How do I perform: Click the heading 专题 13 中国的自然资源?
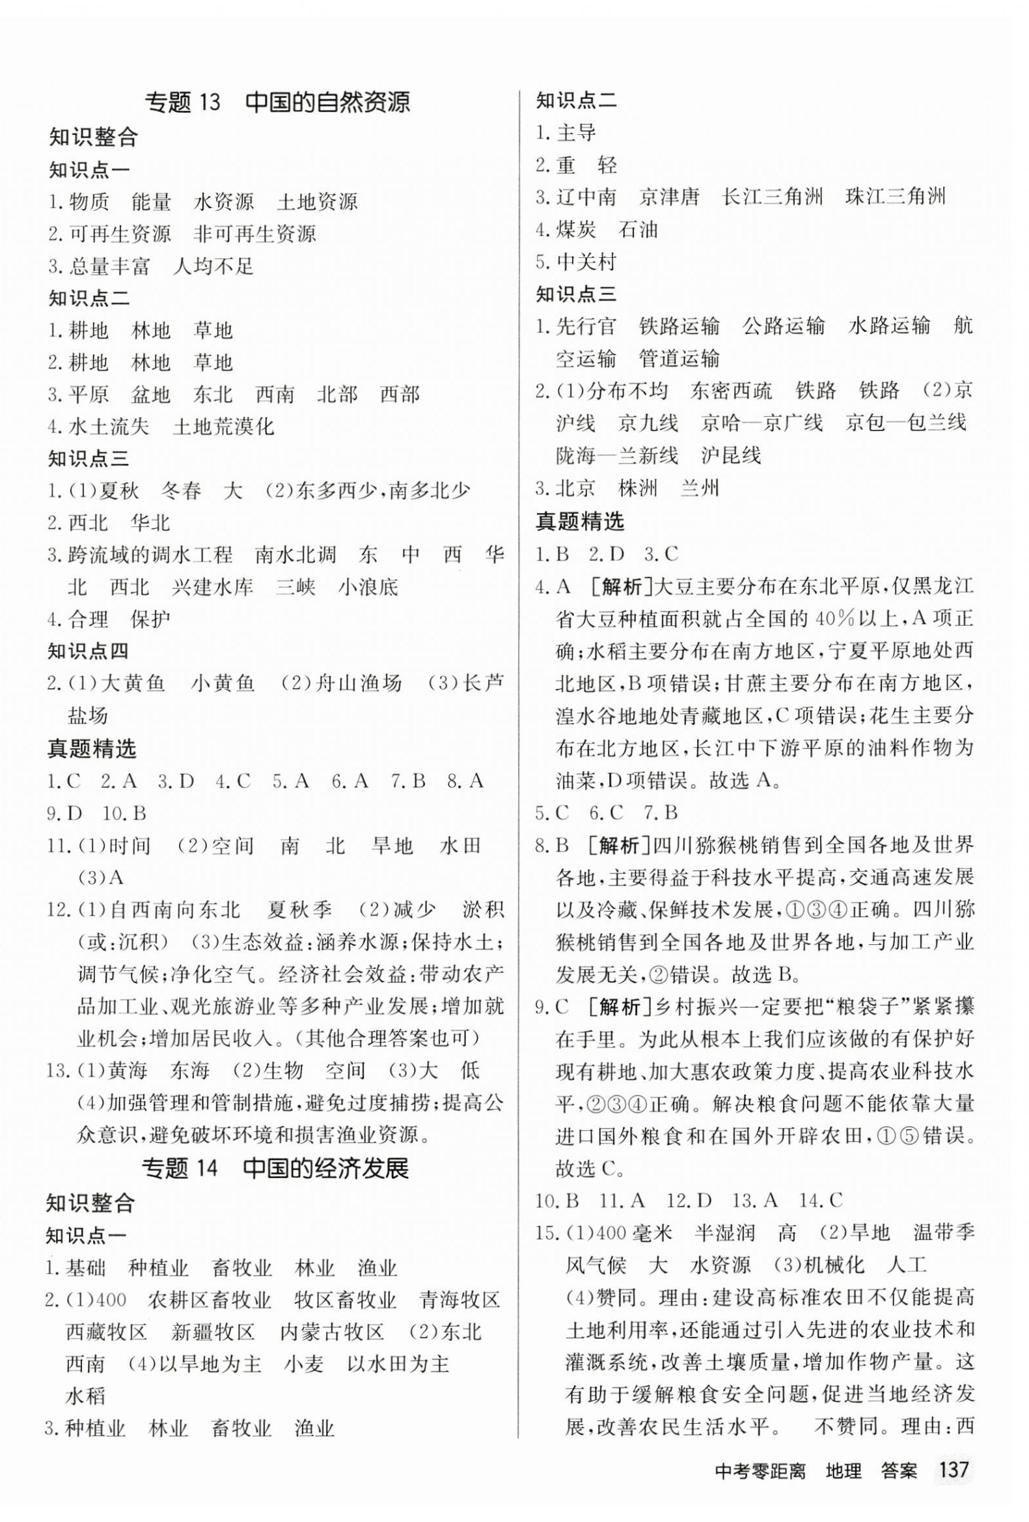click(277, 103)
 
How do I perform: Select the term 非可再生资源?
click(255, 234)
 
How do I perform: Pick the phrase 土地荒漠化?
click(223, 427)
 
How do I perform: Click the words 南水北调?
click(295, 556)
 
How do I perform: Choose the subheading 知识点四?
click(89, 652)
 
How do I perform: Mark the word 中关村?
click(586, 262)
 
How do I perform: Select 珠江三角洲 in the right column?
click(896, 197)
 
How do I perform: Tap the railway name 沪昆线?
click(730, 456)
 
